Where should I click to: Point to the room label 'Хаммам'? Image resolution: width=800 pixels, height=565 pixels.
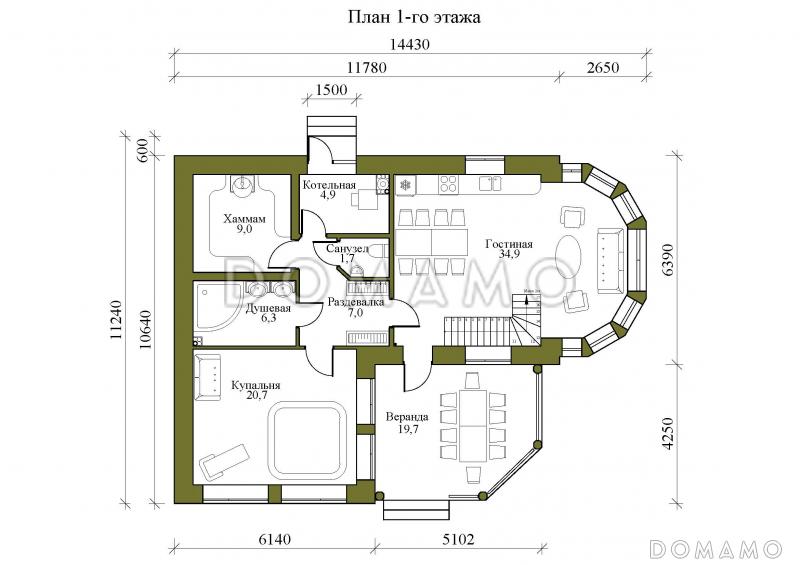tap(244, 219)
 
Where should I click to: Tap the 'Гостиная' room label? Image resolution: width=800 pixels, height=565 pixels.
tap(509, 244)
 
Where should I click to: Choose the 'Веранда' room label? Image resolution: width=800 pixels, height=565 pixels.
tap(407, 415)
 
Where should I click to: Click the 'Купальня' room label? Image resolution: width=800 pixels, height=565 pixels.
tap(255, 385)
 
